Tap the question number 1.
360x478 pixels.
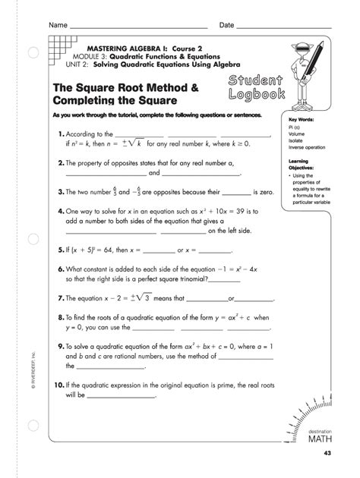coord(60,134)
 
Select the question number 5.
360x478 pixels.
coord(60,247)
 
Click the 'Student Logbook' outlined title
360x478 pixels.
coord(255,87)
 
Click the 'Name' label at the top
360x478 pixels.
coord(58,26)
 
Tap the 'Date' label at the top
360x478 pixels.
coord(227,26)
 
